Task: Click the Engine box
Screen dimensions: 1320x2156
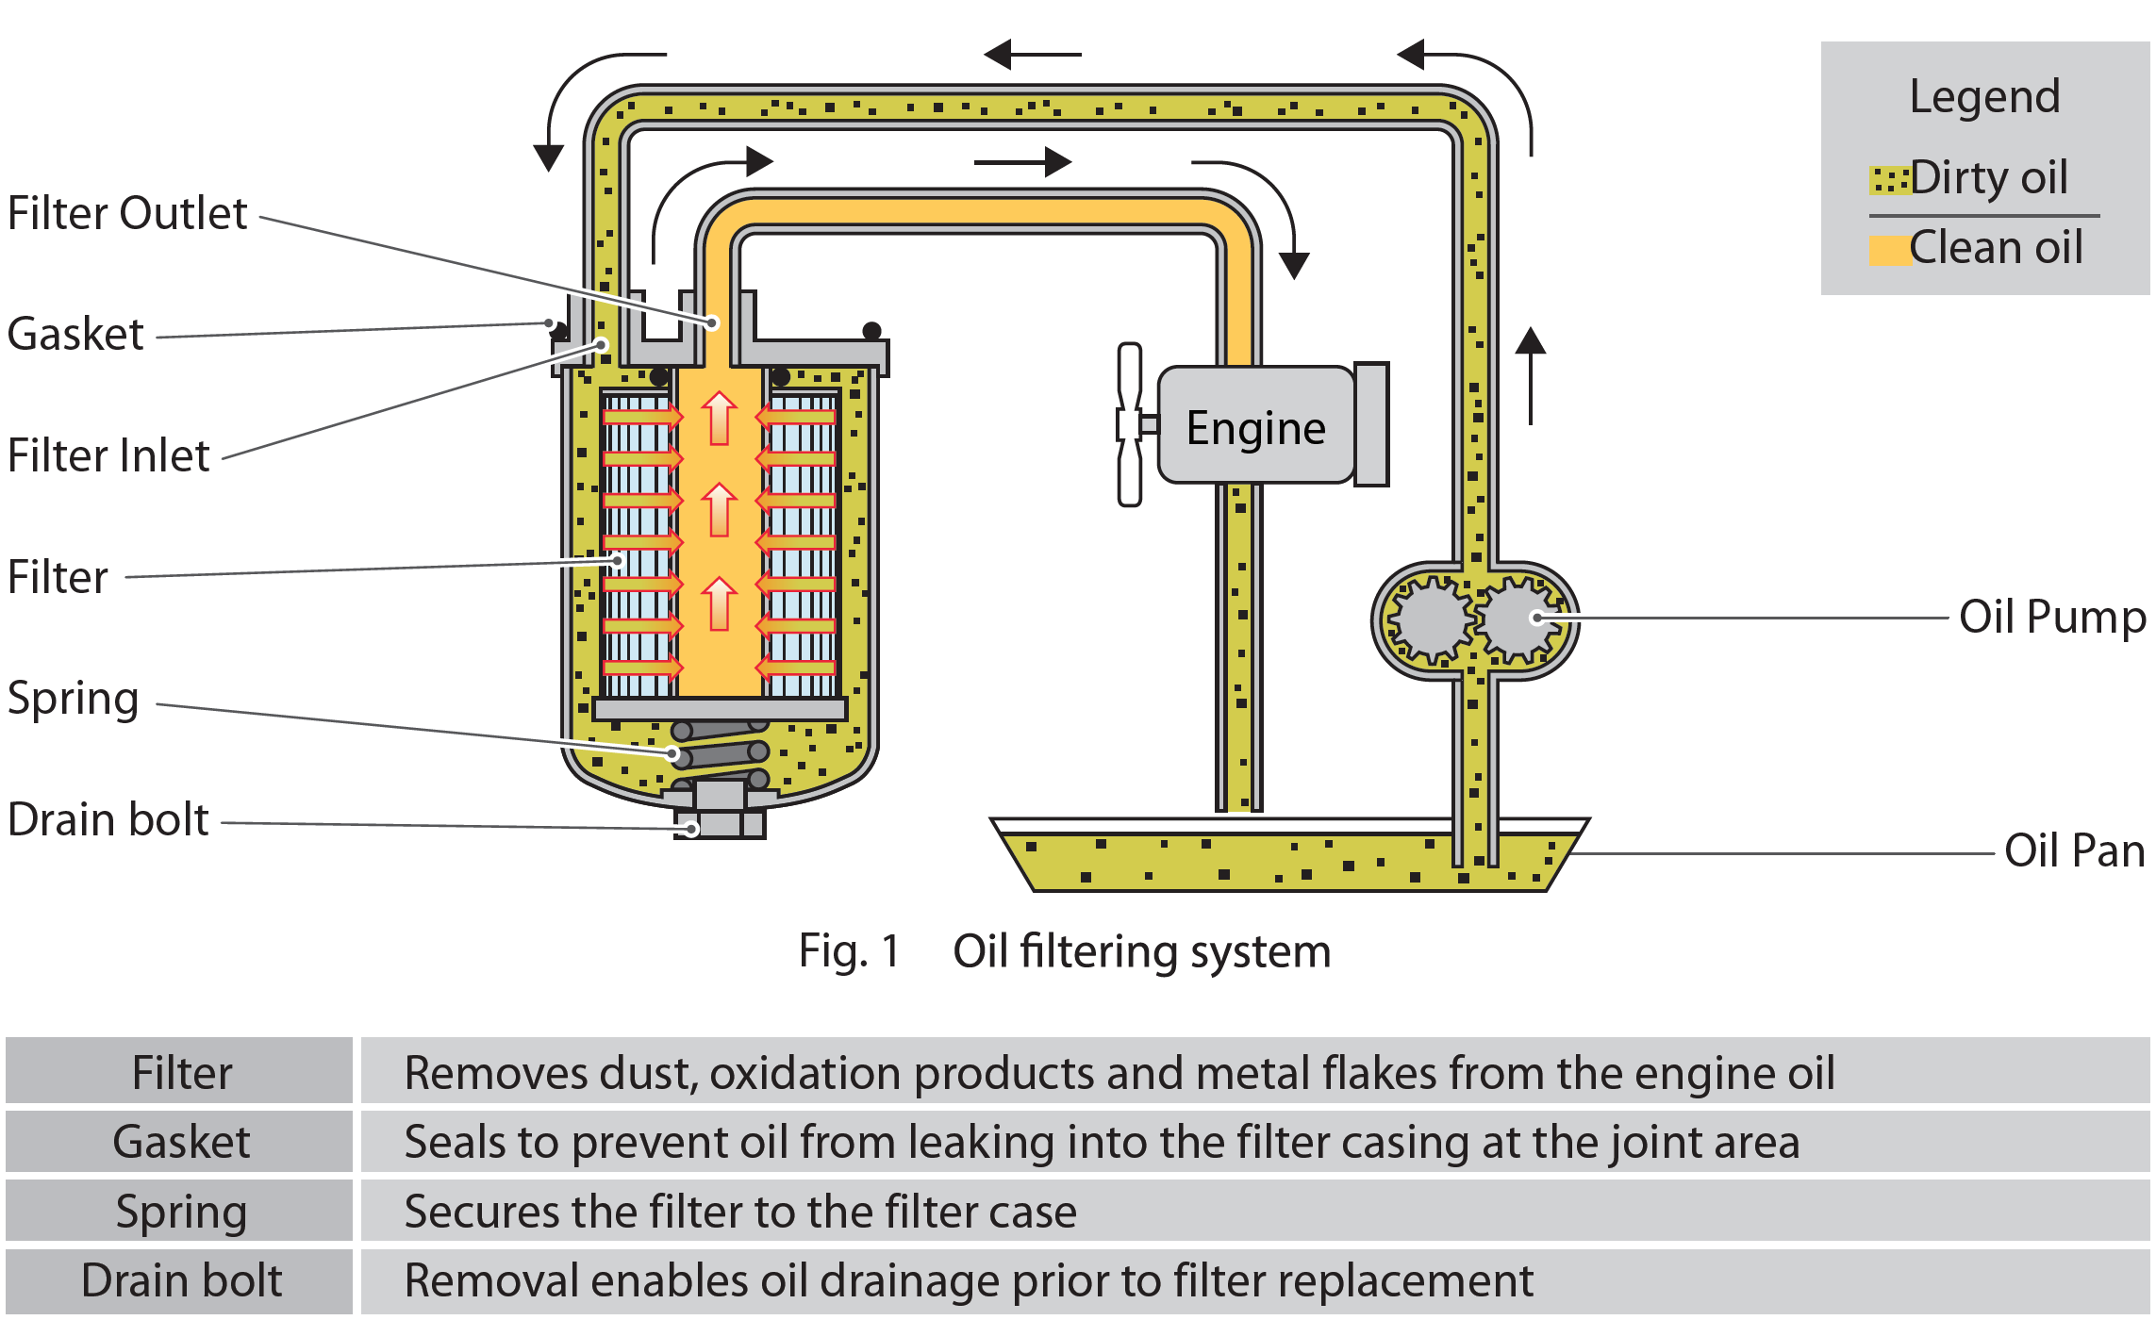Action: pyautogui.click(x=1255, y=426)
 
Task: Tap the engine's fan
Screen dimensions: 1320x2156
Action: pyautogui.click(x=1129, y=424)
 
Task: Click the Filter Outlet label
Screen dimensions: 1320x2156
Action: pyautogui.click(x=127, y=213)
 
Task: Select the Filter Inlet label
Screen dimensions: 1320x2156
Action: pyautogui.click(x=108, y=455)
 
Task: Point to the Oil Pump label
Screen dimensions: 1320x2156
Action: pyautogui.click(x=2052, y=618)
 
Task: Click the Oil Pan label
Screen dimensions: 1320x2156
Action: pyautogui.click(x=2074, y=850)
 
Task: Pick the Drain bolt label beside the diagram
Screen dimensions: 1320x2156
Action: pyautogui.click(x=108, y=819)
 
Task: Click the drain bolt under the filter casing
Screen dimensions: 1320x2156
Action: pyautogui.click(x=721, y=813)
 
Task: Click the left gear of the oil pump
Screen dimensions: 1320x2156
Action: pyautogui.click(x=1430, y=619)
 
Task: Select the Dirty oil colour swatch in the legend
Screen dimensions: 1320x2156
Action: pyautogui.click(x=1889, y=179)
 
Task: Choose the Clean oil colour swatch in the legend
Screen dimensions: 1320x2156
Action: pyautogui.click(x=1889, y=250)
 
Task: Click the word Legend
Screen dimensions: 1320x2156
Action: pyautogui.click(x=1984, y=96)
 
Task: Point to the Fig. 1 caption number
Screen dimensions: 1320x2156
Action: pyautogui.click(x=849, y=950)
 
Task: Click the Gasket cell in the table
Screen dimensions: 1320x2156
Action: pyautogui.click(x=180, y=1142)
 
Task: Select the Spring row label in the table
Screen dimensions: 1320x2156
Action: pyautogui.click(x=180, y=1212)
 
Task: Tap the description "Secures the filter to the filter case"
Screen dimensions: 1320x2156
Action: pyautogui.click(x=740, y=1212)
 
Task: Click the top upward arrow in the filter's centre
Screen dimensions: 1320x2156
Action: pyautogui.click(x=720, y=418)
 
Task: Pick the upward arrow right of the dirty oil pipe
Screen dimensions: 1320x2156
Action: pyautogui.click(x=1530, y=375)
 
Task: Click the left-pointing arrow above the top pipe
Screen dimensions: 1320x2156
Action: pyautogui.click(x=1032, y=55)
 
